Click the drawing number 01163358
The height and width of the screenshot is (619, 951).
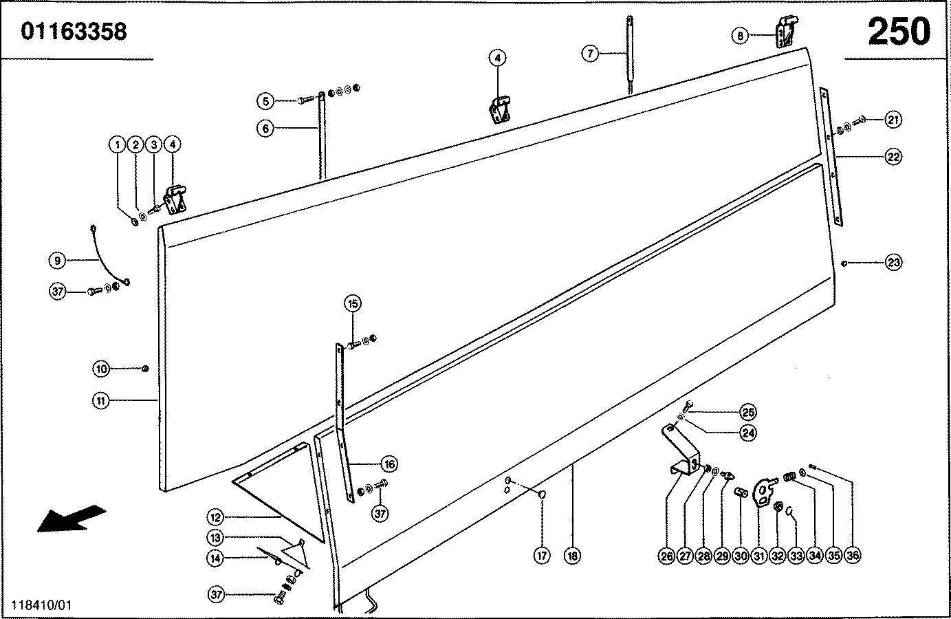pyautogui.click(x=74, y=32)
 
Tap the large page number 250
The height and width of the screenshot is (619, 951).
pyautogui.click(x=898, y=32)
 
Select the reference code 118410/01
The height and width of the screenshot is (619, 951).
pyautogui.click(x=41, y=606)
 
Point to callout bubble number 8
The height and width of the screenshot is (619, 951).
pyautogui.click(x=739, y=36)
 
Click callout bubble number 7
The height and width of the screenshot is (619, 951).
pyautogui.click(x=590, y=53)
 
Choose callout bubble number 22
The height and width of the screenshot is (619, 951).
pyautogui.click(x=893, y=157)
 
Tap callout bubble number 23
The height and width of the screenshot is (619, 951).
pyautogui.click(x=893, y=262)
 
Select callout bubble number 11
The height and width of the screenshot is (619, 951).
pyautogui.click(x=100, y=400)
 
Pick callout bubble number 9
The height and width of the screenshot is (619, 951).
pyautogui.click(x=58, y=261)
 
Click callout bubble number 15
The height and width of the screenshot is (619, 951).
pyautogui.click(x=353, y=303)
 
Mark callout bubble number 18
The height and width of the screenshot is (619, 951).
pyautogui.click(x=571, y=556)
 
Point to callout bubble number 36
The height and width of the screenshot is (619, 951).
pyautogui.click(x=852, y=556)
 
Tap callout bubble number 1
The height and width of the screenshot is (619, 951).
pyautogui.click(x=118, y=144)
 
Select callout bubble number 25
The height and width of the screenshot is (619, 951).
pyautogui.click(x=748, y=413)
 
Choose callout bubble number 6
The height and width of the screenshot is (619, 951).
pyautogui.click(x=265, y=128)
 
